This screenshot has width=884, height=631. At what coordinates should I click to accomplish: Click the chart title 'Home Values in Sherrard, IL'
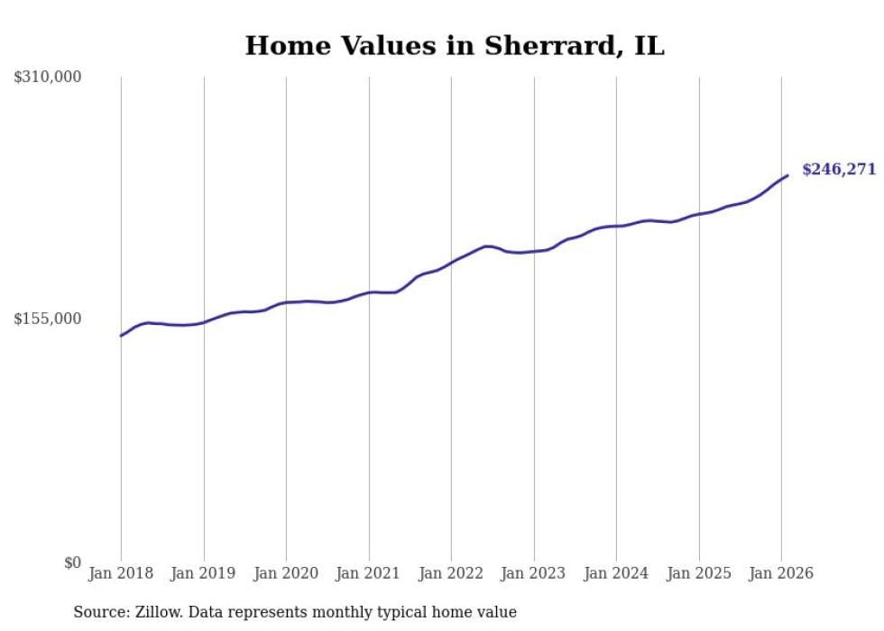(x=454, y=46)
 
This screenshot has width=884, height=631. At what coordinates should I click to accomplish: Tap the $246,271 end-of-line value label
(x=838, y=169)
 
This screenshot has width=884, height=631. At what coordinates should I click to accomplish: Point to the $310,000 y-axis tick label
(x=48, y=78)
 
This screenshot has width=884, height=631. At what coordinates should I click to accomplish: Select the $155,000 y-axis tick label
(x=48, y=319)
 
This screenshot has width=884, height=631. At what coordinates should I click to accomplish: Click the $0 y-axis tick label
(x=72, y=562)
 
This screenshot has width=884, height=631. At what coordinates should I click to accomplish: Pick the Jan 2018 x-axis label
(x=121, y=573)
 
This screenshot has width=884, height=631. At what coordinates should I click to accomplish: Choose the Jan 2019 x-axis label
(x=204, y=573)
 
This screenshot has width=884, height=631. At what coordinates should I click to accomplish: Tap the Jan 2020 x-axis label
(x=286, y=573)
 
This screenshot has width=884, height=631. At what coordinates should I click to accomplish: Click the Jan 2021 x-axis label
(x=369, y=573)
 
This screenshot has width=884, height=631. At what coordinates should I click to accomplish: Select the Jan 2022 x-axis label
(x=451, y=573)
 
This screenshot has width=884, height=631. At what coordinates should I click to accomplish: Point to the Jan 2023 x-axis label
(x=534, y=573)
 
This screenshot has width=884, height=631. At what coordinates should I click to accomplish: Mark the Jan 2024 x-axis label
(x=616, y=573)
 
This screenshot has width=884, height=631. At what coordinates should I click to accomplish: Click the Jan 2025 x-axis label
(x=699, y=573)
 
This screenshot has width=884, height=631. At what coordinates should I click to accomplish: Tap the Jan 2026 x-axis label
(x=781, y=573)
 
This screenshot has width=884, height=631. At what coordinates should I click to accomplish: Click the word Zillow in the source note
(x=158, y=612)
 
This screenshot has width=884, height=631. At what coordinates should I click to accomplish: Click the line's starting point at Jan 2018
(x=121, y=336)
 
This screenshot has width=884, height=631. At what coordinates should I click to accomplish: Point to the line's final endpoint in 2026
(x=787, y=175)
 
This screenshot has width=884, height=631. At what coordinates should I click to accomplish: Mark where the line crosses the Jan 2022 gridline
(x=451, y=262)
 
